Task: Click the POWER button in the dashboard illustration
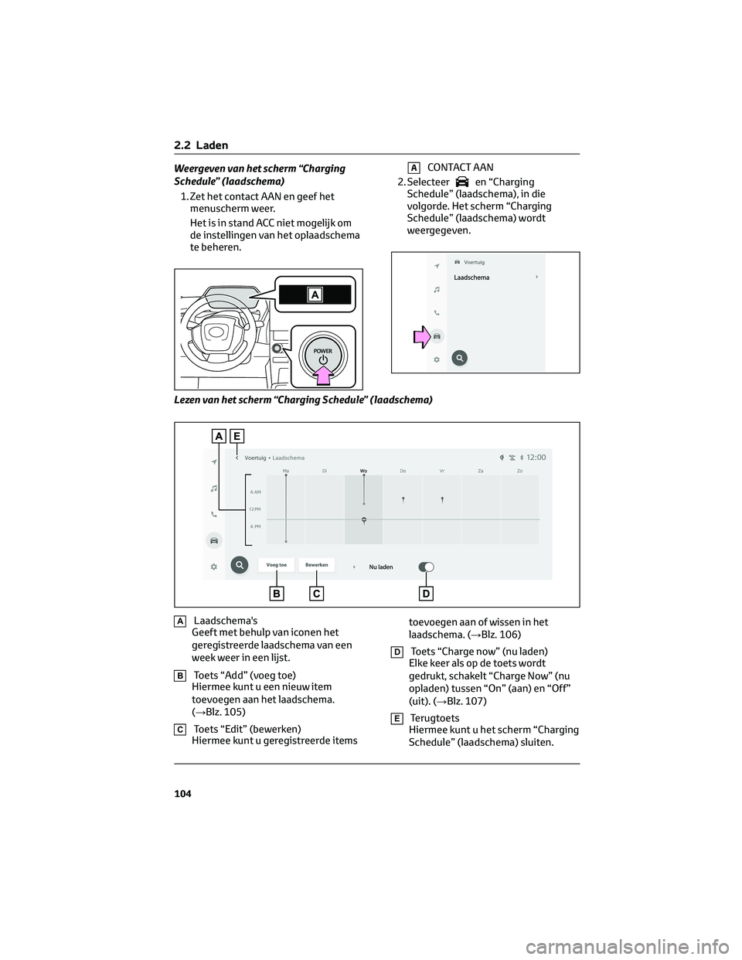322,356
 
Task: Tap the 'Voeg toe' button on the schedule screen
276,565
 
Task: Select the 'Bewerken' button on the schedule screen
316,565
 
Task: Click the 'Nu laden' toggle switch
426,567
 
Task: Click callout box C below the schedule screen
317,594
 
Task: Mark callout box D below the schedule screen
426,594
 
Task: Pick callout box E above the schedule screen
236,436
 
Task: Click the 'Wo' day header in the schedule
363,470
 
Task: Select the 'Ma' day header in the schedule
286,470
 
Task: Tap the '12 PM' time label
255,509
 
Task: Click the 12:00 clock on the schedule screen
536,457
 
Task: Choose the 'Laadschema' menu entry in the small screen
471,277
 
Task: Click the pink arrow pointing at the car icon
421,336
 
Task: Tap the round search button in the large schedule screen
240,565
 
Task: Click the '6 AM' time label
255,492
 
